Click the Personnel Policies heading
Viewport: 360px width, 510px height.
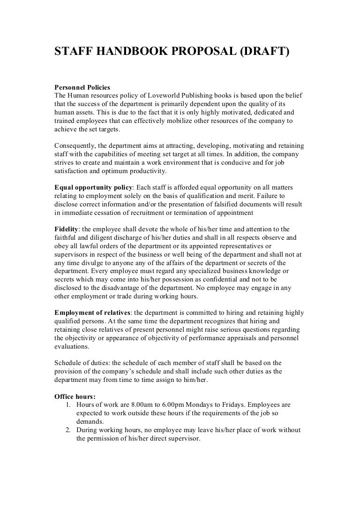pos(82,87)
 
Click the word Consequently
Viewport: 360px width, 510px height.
pos(76,145)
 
